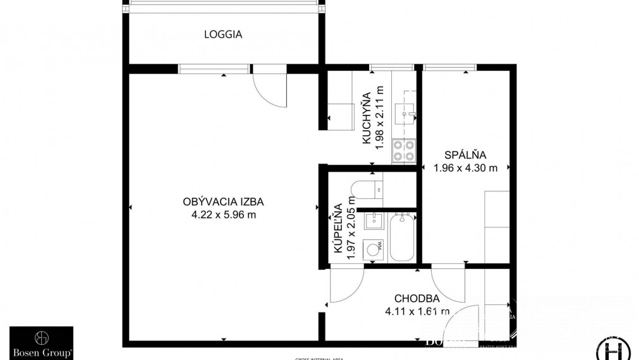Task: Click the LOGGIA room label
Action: point(222,35)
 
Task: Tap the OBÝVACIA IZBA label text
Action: point(222,202)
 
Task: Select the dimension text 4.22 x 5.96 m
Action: point(222,214)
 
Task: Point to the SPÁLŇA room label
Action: point(465,155)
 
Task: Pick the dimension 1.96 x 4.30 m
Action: point(465,167)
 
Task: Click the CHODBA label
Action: point(417,298)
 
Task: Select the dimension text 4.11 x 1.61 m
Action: point(417,310)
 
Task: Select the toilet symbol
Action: point(366,188)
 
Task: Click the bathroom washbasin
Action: point(374,220)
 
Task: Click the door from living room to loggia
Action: point(271,88)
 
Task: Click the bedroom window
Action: point(449,68)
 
